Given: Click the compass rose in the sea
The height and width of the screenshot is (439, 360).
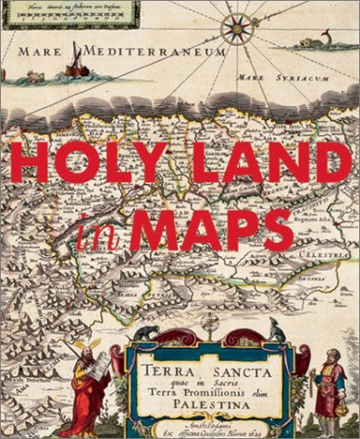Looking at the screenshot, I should click(x=238, y=28).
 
